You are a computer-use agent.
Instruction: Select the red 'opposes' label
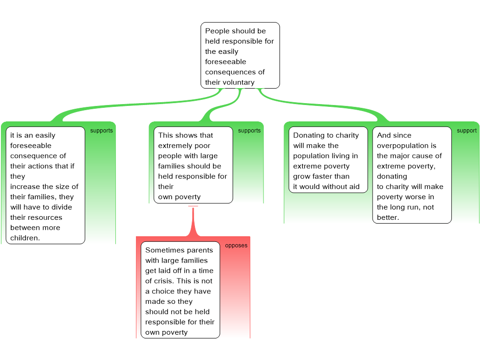tap(236, 246)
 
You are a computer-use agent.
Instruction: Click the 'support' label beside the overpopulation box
tap(467, 131)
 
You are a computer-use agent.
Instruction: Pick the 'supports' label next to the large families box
tap(249, 131)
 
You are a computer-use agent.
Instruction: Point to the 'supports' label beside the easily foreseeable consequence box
tap(102, 131)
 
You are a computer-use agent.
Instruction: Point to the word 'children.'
tap(25, 238)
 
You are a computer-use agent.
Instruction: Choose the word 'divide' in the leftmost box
tap(61, 207)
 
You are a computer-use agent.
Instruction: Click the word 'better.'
tap(388, 217)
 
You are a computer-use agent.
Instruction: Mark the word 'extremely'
tap(172, 146)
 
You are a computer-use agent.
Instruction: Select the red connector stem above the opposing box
tap(193, 222)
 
